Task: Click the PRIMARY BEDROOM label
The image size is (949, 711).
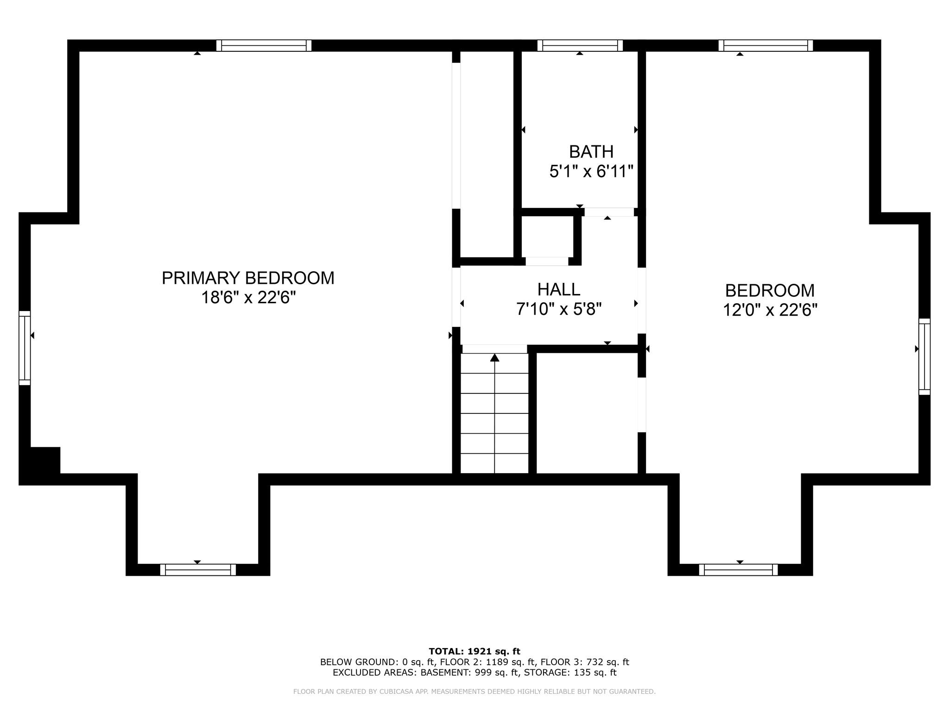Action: click(x=248, y=278)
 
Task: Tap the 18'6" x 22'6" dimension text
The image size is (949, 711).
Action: click(x=248, y=297)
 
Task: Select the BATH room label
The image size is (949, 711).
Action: click(x=591, y=152)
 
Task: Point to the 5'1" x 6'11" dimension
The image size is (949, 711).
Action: click(x=591, y=172)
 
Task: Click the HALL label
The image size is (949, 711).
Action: click(x=559, y=289)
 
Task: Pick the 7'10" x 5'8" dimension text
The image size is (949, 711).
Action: click(x=559, y=309)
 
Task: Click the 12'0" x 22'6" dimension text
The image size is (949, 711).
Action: click(x=770, y=310)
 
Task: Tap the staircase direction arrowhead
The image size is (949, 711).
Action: click(x=495, y=357)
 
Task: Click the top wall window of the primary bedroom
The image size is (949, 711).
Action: click(x=264, y=45)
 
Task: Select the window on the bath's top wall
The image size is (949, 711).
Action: click(x=580, y=45)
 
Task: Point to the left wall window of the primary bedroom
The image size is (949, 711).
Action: click(x=25, y=348)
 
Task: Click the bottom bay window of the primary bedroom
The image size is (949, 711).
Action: click(x=198, y=570)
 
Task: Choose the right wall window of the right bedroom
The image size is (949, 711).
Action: click(x=924, y=356)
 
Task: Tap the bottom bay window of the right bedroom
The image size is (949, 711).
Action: click(x=739, y=570)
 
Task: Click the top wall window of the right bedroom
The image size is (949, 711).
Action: click(x=766, y=45)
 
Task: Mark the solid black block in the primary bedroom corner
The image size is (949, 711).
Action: click(x=45, y=461)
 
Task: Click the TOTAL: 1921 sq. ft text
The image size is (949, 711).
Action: click(x=474, y=652)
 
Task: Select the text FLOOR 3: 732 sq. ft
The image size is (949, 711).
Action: click(x=585, y=662)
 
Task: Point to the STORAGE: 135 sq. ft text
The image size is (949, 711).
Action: click(x=569, y=673)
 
